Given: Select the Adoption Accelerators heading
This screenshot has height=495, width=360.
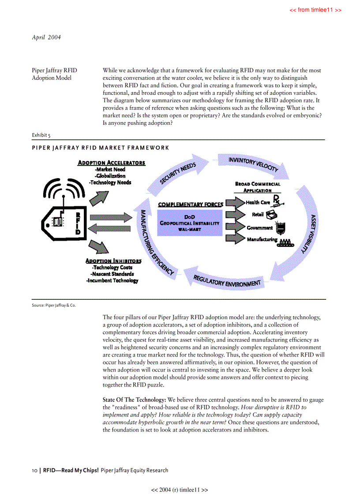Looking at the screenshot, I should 111,163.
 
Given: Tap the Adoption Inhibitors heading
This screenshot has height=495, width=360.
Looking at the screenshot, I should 113,261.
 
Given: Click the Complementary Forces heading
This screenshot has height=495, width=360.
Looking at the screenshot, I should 190,205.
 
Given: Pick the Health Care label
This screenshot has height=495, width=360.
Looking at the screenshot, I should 258,202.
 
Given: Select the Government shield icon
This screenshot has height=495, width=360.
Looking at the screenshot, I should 280,227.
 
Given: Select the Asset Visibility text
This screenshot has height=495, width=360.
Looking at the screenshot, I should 309,234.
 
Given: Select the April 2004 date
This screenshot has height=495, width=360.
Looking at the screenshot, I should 46,37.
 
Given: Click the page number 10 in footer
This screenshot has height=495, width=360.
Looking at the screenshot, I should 34,470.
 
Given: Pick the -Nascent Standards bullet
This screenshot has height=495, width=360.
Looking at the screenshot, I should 113,274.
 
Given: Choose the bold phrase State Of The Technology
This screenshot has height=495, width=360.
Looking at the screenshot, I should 134,400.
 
